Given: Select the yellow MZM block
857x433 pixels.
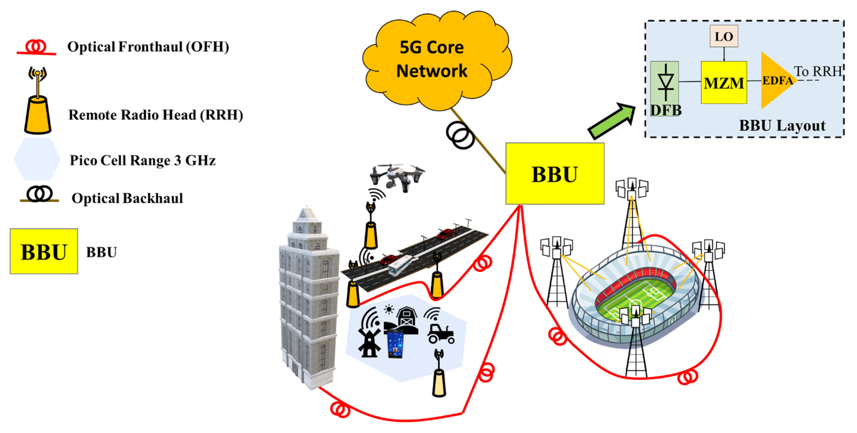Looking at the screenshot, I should point(724,82).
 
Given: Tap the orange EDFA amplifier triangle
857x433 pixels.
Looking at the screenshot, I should point(775,80).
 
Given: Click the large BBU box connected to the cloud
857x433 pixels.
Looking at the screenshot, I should point(555,173).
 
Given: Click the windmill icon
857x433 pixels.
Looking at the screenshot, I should point(369,342).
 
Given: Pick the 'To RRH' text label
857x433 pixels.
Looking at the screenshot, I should point(818,71).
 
